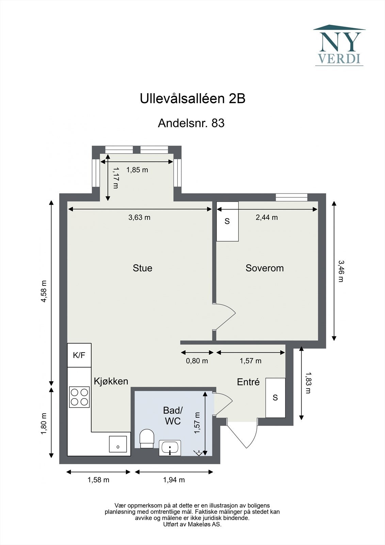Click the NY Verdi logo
pos(339,45)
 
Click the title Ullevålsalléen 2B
pos(192,99)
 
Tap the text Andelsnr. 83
pos(191,123)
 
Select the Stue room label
pos(142,268)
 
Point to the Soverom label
pos(264,268)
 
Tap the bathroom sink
pos(170,448)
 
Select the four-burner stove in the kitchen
pos(79,397)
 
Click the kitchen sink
pos(118,444)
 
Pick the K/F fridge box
pos(79,355)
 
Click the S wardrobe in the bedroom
pos(227,221)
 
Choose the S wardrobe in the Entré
pos(275,398)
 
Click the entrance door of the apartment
pos(242,434)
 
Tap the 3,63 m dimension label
pos(139,217)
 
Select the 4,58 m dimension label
pos(43,291)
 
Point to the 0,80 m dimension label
pos(197,361)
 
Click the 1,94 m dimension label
pos(174,480)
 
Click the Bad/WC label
pos(173,416)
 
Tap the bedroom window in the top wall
pos(291,197)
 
